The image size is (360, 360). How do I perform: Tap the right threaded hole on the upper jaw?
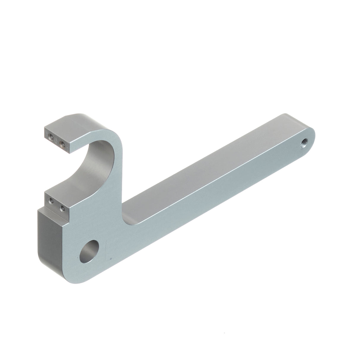point(62,144)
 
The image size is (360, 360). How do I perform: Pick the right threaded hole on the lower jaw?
point(62,208)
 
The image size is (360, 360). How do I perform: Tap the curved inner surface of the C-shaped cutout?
point(89,166)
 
